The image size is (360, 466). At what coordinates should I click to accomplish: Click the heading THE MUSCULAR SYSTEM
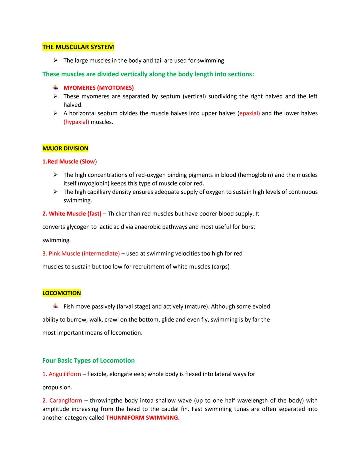tap(78, 47)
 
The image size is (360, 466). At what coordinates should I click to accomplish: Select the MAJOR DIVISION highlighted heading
tap(65, 148)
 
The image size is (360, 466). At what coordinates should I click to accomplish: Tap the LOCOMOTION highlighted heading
tap(62, 293)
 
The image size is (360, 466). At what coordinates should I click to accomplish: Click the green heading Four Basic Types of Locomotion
tap(88, 361)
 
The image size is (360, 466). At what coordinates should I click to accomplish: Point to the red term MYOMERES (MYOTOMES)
tap(99, 88)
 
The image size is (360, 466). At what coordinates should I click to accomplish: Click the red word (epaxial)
tap(249, 113)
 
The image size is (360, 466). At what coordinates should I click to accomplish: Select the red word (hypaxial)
tap(76, 122)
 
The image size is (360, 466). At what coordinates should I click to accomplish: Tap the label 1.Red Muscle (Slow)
tap(69, 162)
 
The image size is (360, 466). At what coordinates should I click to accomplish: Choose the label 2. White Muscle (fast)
tap(72, 214)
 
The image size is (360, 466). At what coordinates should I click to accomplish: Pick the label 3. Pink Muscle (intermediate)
tap(81, 254)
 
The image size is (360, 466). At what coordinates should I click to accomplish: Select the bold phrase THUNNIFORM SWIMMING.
tap(142, 418)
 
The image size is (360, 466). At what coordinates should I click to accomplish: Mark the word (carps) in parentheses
tap(220, 267)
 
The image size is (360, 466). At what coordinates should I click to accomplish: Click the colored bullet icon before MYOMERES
tap(56, 88)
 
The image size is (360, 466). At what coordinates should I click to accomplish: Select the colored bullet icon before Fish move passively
tap(56, 306)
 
